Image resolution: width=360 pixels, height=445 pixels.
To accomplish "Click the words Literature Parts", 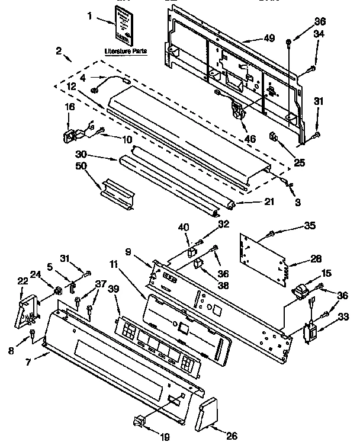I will click(x=126, y=52).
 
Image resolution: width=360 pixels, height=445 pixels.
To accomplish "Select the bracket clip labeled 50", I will click(x=117, y=192).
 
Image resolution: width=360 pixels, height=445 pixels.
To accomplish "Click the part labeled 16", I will click(x=70, y=136).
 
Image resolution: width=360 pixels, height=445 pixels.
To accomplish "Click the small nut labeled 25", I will click(x=273, y=137).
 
